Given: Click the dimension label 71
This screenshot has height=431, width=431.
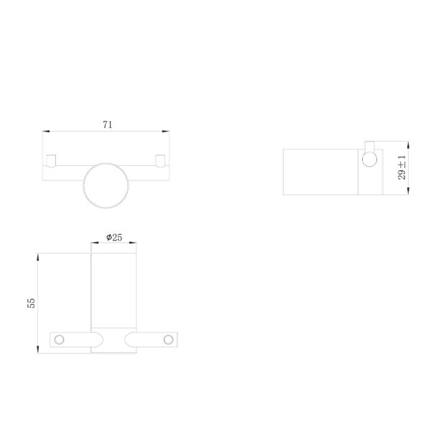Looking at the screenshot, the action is (x=108, y=125).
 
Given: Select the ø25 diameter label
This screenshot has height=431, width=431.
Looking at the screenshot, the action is (x=114, y=237).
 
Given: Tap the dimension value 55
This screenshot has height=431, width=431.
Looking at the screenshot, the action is (x=31, y=303).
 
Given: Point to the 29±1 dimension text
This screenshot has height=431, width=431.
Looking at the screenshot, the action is (x=402, y=167).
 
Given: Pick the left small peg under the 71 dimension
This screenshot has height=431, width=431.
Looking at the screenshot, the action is (x=51, y=161).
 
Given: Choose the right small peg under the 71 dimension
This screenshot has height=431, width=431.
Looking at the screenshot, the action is (x=160, y=161).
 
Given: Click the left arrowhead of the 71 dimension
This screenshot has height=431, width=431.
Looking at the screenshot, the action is (x=46, y=131).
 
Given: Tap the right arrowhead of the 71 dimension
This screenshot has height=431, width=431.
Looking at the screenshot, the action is (x=165, y=131).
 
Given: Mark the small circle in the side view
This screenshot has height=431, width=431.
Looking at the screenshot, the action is (x=369, y=159).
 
